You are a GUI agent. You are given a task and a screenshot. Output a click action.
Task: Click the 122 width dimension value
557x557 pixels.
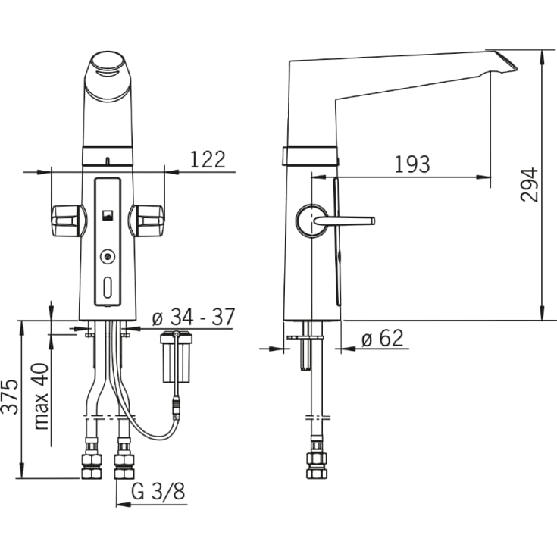208,159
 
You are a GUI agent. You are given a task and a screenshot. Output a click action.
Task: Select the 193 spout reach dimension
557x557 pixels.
412,164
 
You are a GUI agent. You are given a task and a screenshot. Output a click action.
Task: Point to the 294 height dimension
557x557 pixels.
529,185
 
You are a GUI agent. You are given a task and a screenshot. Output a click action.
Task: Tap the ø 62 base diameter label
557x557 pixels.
383,338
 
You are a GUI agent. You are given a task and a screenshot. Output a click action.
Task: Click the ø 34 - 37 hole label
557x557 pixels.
193,317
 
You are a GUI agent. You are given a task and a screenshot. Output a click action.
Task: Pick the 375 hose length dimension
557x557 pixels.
10,396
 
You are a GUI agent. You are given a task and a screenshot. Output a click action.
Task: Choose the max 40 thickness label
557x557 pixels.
41,396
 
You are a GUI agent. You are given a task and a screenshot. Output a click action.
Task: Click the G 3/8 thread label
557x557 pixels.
158,492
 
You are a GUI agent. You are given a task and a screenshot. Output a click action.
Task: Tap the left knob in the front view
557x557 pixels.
68,221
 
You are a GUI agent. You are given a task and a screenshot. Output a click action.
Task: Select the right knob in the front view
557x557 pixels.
147,221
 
